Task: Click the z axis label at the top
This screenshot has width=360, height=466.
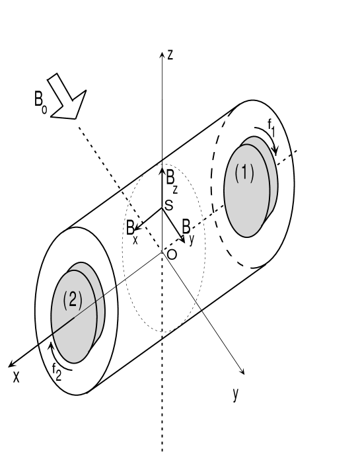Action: point(170,56)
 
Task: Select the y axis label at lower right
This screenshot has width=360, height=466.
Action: point(234,395)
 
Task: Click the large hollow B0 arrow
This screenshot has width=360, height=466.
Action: point(67,98)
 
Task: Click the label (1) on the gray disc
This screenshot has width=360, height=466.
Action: point(244,173)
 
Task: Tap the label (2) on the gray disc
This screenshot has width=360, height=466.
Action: point(72,299)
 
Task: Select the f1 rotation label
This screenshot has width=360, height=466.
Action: point(271,126)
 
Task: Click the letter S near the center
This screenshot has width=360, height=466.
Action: point(169,206)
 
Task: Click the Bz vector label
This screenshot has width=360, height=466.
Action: point(172,179)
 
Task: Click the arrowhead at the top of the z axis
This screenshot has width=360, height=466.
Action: point(162,54)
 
